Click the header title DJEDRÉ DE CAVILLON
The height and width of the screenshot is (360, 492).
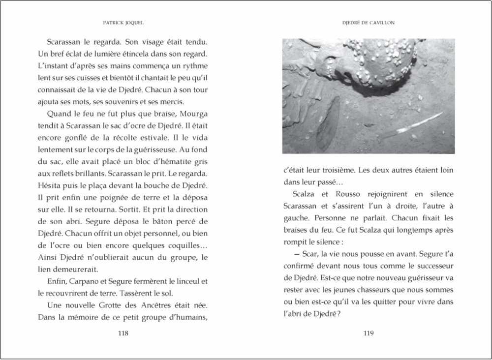[x=369, y=23]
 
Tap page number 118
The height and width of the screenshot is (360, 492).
[x=123, y=333]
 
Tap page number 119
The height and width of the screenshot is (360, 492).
[x=369, y=333]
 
